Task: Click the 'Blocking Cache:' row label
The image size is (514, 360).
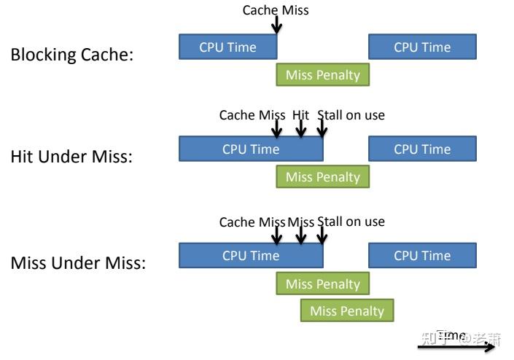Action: [71, 55]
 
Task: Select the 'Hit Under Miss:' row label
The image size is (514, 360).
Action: [71, 157]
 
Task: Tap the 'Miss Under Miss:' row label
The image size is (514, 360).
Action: [78, 263]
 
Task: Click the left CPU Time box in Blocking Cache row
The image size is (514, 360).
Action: [227, 47]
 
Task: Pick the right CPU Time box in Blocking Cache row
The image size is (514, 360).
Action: [422, 47]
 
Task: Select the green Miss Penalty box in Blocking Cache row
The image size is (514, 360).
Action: [322, 75]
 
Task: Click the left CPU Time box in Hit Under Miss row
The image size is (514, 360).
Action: [250, 149]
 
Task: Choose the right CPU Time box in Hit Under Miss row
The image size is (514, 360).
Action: [422, 149]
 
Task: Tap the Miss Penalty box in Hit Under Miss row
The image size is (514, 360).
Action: [322, 177]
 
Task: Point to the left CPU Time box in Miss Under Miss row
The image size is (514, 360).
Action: [250, 256]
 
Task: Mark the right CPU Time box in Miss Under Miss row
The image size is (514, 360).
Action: [422, 256]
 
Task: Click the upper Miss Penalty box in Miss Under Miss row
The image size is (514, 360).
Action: [322, 283]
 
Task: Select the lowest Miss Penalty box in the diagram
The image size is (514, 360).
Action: [346, 311]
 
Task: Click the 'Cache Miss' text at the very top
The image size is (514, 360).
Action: [276, 10]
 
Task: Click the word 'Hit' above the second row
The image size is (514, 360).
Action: [300, 115]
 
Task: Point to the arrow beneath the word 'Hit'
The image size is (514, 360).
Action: [300, 129]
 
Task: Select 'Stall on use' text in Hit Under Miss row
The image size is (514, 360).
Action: [351, 115]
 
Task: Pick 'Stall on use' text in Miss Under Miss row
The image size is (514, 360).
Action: [351, 222]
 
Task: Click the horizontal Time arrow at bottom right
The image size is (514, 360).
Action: [456, 348]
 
